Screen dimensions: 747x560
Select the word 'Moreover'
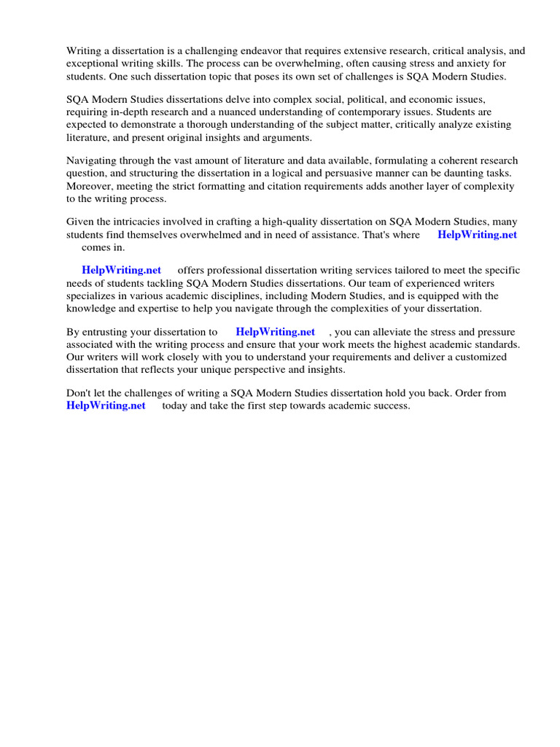pos(90,186)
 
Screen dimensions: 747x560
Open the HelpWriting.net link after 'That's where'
pos(477,235)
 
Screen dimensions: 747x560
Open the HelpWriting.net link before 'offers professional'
pos(121,271)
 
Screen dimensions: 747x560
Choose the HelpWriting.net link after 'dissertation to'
pos(275,332)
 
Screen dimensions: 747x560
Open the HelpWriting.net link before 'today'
pos(106,406)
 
